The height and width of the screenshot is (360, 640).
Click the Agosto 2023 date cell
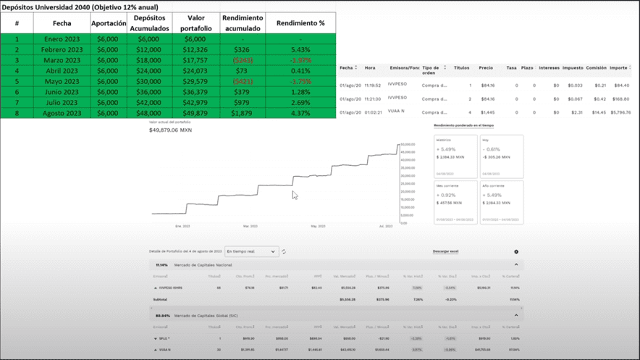tap(62, 113)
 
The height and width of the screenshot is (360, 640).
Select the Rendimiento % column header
tap(300, 22)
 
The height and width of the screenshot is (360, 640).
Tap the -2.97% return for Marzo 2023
tap(300, 60)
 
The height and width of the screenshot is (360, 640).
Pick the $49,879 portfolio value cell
tap(195, 113)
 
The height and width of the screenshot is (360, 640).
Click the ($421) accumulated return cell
tap(242, 81)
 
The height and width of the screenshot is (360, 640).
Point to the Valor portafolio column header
tap(195, 22)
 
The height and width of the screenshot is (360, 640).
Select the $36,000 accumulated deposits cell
tap(148, 92)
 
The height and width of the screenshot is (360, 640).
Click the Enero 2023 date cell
tap(62, 39)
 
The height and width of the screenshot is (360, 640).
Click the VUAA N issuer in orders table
tap(397, 112)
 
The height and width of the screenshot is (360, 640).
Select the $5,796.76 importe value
tap(620, 112)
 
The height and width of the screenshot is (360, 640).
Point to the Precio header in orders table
tap(486, 68)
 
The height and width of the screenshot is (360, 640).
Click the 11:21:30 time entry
tap(373, 99)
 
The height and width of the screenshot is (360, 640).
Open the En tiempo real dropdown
tap(250, 251)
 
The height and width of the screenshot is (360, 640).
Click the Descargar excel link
tap(445, 251)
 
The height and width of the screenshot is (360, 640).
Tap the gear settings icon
tap(516, 251)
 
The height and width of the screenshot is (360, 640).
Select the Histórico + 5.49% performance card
tap(455, 155)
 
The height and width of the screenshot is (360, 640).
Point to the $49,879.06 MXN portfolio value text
tap(170, 130)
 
